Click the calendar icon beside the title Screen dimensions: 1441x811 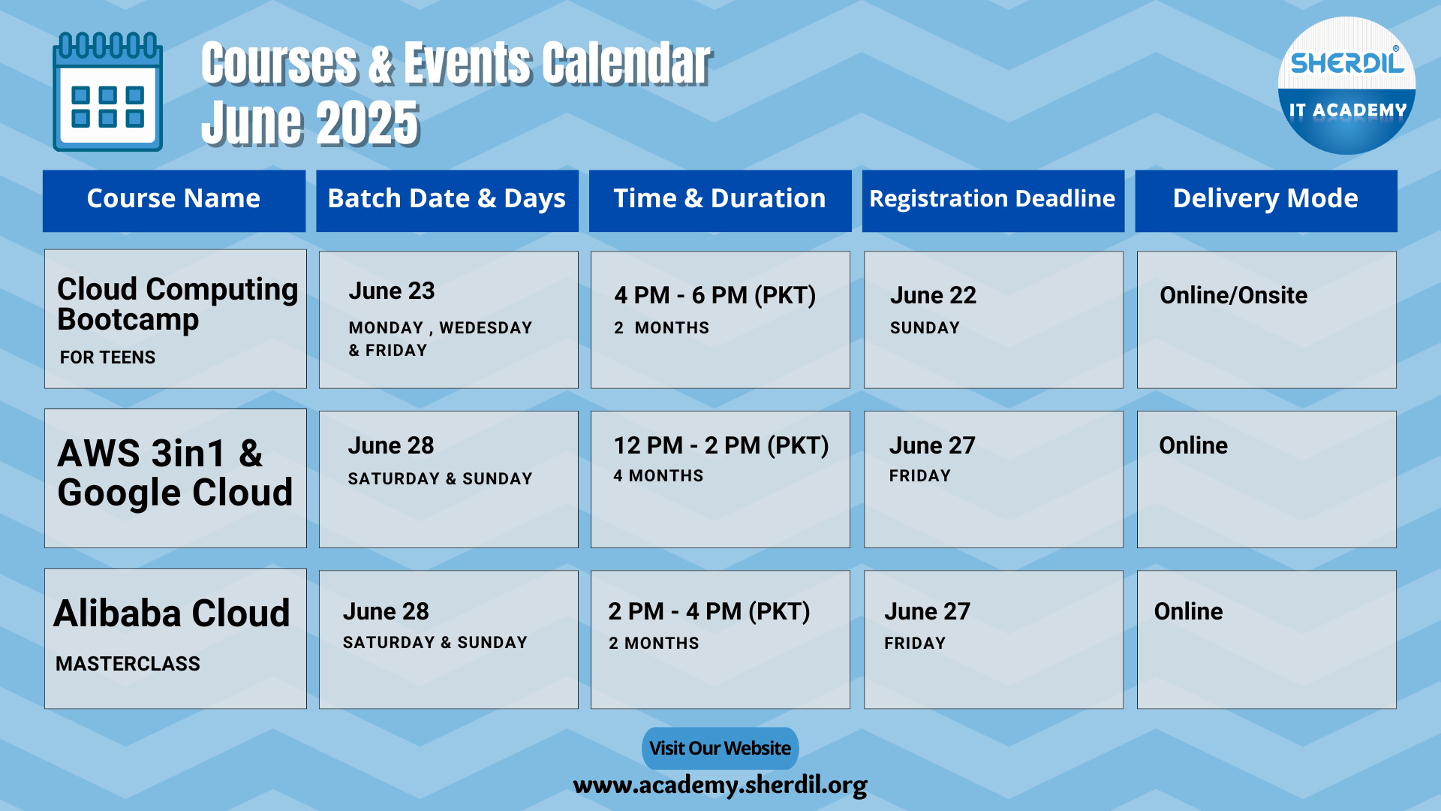107,92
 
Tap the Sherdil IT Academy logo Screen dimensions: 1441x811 1346,86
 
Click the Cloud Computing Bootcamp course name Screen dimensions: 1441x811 178,304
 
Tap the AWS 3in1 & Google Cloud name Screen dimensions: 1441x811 175,473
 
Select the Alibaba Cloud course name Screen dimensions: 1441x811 172,614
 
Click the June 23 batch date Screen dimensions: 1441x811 392,291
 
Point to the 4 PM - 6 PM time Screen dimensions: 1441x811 715,295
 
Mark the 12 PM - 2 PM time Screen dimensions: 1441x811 721,445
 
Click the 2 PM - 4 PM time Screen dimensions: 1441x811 709,611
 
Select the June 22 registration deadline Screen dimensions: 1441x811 934,295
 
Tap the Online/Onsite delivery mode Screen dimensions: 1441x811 1234,295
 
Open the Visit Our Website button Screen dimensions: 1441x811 720,748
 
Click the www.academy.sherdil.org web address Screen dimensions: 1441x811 720,785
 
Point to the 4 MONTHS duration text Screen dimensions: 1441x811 658,476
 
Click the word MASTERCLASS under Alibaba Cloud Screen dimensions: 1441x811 128,664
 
